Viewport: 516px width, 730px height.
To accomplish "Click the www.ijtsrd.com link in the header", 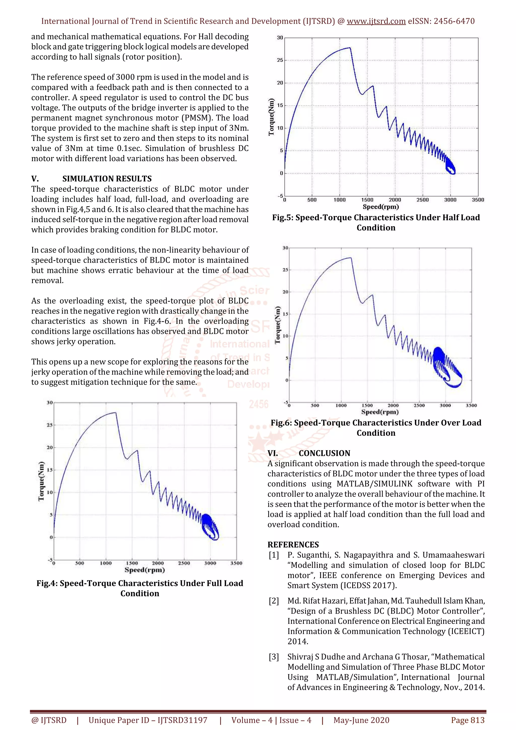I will tap(376, 21).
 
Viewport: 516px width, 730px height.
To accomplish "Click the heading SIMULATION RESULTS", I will tap(107, 179).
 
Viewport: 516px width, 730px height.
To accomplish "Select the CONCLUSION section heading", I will tap(324, 453).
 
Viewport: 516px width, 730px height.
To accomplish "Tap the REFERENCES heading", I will tap(293, 545).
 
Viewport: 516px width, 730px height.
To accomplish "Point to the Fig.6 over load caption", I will tap(376, 428).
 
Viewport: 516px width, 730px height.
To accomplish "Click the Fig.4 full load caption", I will tap(140, 588).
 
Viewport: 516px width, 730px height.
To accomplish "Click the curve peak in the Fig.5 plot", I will tap(350, 48).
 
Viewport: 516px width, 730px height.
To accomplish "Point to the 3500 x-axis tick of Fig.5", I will tap(477, 200).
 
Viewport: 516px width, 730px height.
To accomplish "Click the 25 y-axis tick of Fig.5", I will tap(280, 60).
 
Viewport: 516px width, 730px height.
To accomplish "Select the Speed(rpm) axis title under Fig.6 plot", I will tap(380, 412).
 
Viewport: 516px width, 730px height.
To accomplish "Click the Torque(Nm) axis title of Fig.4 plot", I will tap(41, 481).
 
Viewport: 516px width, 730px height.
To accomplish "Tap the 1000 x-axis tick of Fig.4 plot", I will tap(106, 563).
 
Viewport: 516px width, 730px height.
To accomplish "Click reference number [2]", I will tap(274, 601).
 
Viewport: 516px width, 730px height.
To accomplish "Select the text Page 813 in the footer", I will tap(467, 720).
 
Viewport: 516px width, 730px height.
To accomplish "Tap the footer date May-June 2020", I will tap(361, 720).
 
